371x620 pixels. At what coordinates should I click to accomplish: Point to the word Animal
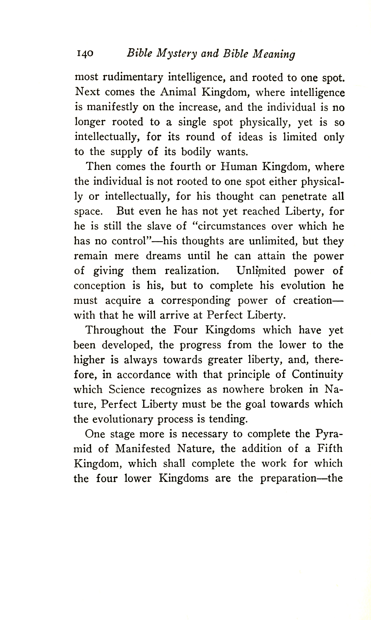click(x=178, y=92)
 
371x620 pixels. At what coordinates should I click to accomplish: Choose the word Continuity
click(x=317, y=375)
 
